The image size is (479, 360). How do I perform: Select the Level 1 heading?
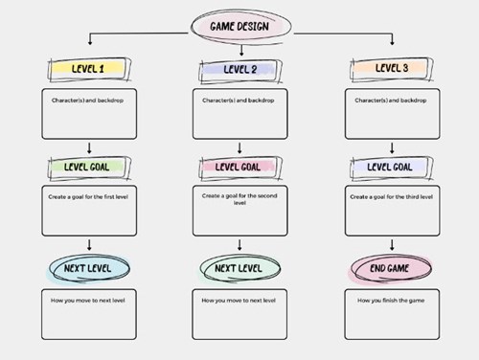[x=87, y=69]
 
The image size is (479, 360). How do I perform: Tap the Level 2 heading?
[x=239, y=69]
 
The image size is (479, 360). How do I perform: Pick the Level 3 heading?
[x=391, y=69]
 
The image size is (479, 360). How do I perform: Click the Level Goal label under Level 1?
[x=87, y=168]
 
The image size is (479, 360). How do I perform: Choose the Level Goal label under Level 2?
[x=239, y=168]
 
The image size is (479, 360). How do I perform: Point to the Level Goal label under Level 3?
[x=391, y=168]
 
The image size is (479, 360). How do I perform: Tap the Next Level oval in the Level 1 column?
[x=87, y=269]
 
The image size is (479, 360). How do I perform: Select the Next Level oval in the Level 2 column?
[x=239, y=269]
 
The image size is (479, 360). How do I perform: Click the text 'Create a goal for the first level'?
[x=87, y=196]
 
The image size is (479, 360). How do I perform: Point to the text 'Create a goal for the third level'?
[x=391, y=196]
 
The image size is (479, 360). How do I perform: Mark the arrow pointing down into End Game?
[x=391, y=245]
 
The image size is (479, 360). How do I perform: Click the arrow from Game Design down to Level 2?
[x=239, y=48]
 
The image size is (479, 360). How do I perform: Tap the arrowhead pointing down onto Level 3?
[x=392, y=45]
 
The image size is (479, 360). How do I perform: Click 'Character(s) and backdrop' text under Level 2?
[x=239, y=98]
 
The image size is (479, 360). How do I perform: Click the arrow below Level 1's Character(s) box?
[x=88, y=147]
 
